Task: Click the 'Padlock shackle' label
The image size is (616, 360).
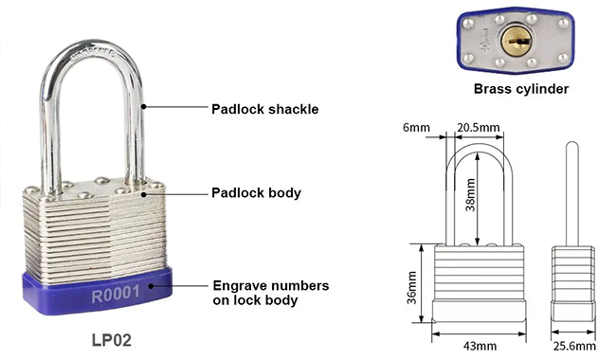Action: click(264, 109)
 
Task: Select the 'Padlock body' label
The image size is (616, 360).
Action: click(256, 192)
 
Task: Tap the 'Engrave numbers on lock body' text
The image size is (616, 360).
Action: click(271, 293)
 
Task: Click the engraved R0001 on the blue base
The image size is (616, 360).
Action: click(116, 295)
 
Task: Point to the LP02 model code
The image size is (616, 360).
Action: click(112, 340)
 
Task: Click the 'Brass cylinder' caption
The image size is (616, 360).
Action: click(521, 89)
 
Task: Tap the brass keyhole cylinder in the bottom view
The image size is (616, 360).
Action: click(516, 41)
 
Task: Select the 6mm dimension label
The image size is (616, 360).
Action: click(416, 128)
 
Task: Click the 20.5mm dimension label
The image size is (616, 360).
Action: click(478, 128)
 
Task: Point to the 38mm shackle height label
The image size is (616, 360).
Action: click(470, 195)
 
